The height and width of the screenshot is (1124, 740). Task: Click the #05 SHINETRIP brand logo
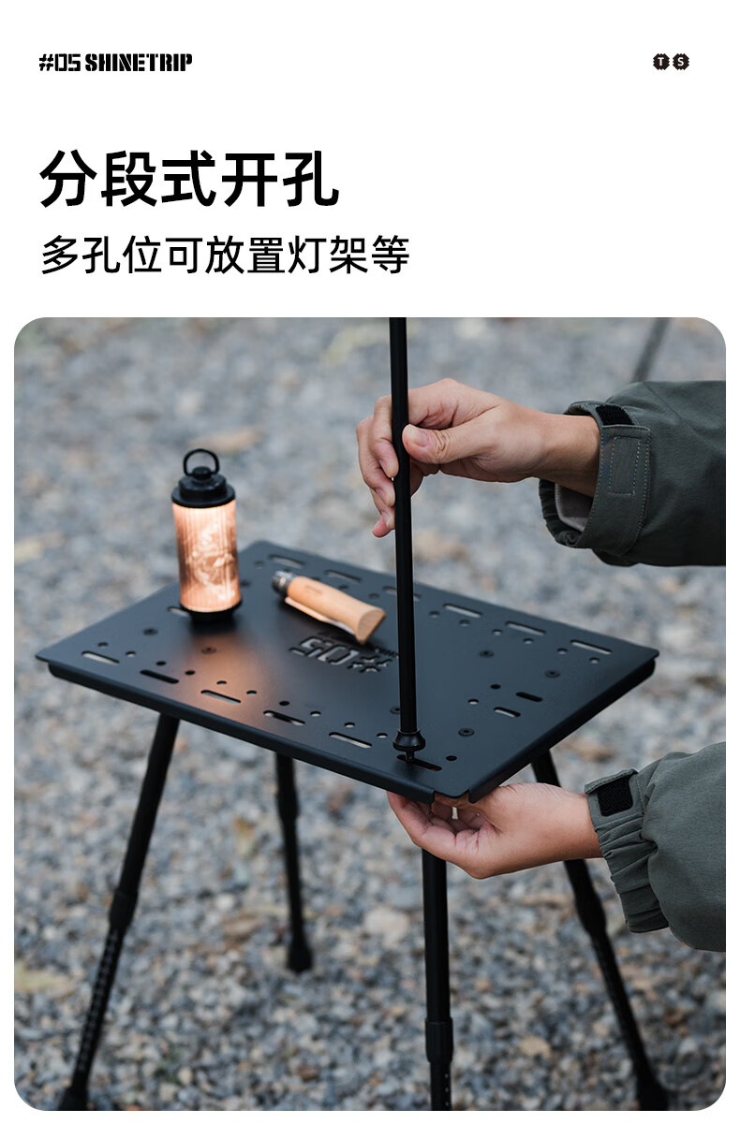[115, 63]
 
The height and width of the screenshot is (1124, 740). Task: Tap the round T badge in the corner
[660, 62]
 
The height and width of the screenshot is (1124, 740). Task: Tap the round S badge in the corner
[681, 62]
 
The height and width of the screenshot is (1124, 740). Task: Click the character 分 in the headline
[68, 178]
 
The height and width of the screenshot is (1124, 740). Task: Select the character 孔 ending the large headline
[310, 178]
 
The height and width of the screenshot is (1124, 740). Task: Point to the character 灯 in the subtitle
[307, 255]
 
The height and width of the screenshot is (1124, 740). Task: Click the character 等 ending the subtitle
[391, 255]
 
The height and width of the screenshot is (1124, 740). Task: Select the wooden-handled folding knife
[328, 606]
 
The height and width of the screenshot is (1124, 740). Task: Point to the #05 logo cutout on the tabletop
[341, 653]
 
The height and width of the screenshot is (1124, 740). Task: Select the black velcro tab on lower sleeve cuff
[614, 795]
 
